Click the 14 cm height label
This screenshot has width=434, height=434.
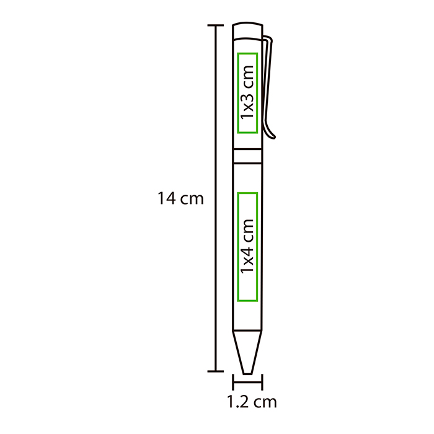coord(180,199)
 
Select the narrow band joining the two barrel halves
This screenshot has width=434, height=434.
coord(247,155)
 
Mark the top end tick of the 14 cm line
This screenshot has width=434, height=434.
coord(215,25)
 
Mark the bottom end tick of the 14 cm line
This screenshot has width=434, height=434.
coord(215,371)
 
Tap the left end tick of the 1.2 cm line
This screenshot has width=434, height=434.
coord(233,382)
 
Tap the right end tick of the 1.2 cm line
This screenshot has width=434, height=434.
coord(262,382)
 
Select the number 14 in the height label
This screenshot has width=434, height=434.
coord(166,199)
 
